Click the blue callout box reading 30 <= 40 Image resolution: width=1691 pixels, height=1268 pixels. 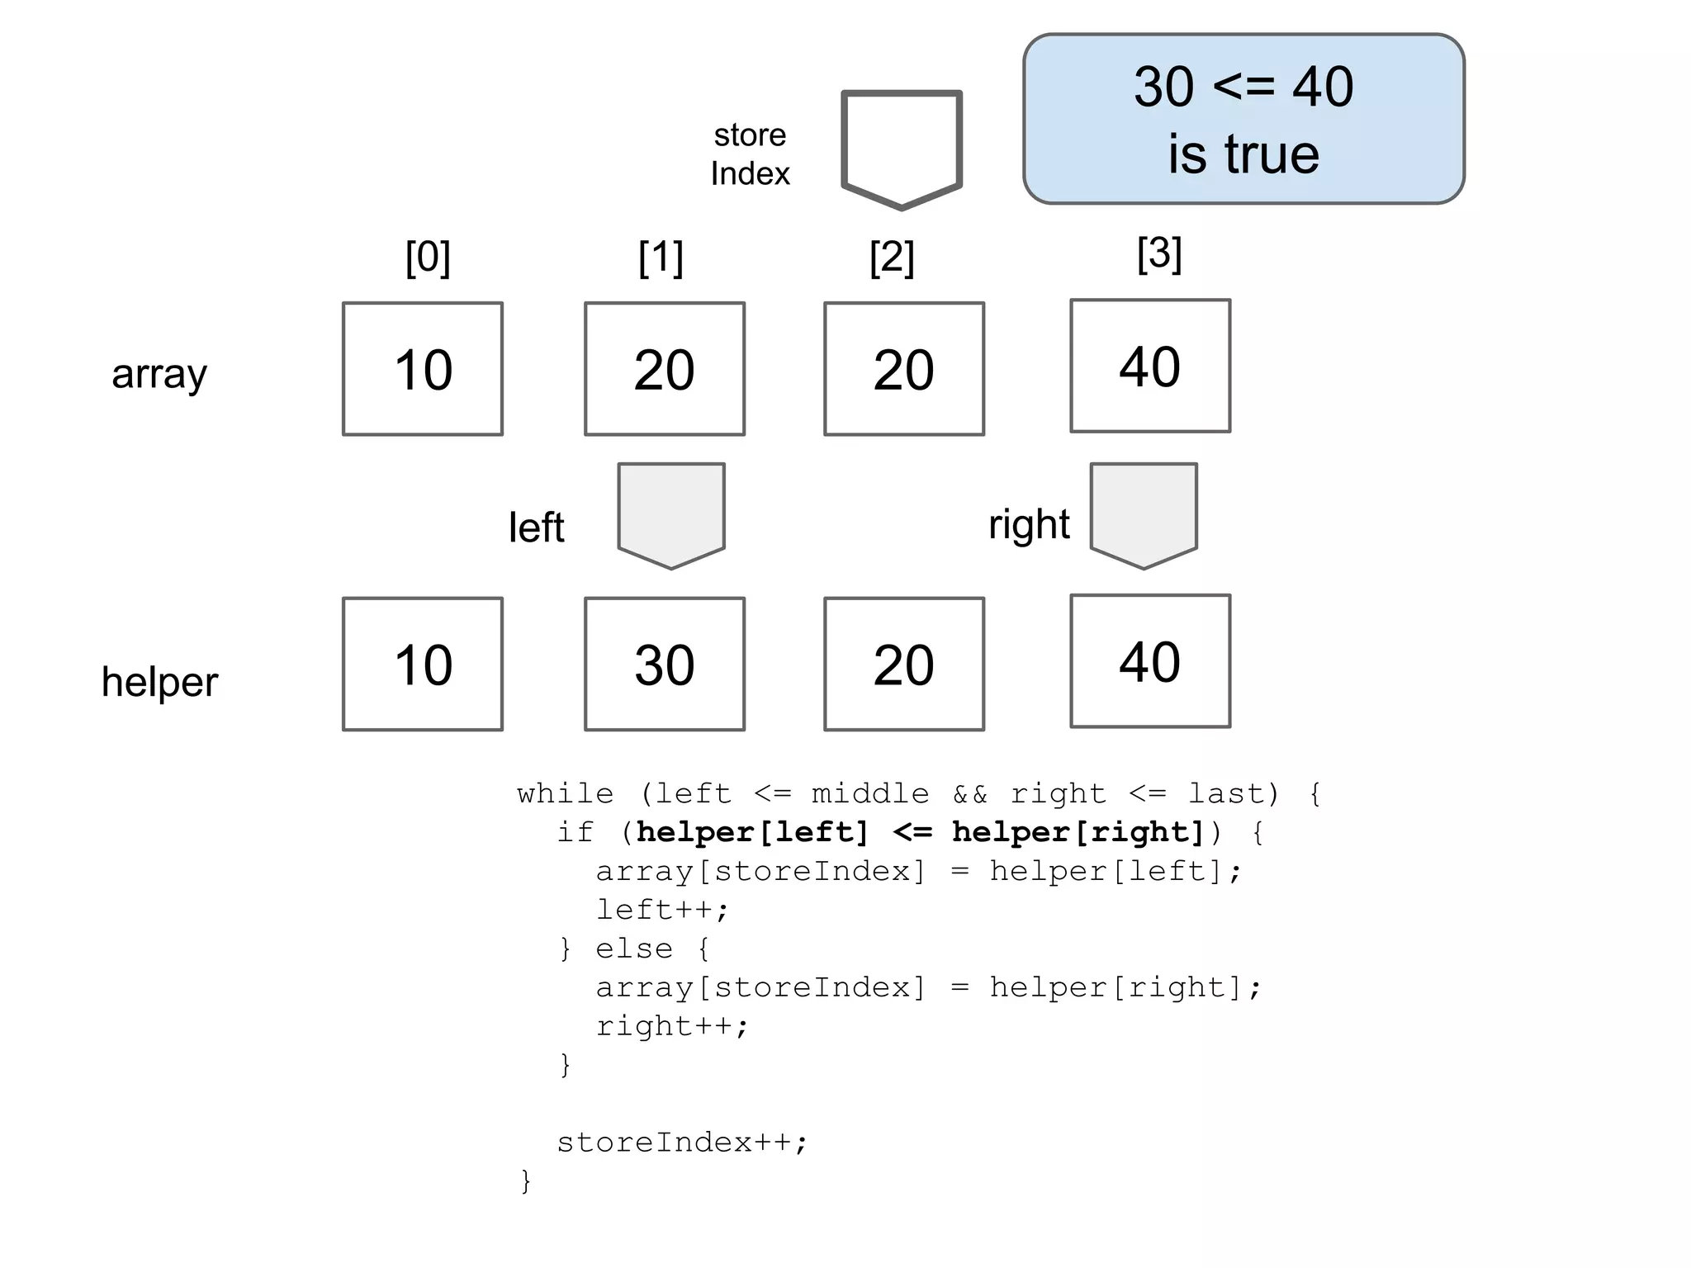[x=1243, y=119]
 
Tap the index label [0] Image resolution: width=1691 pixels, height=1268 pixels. [x=428, y=258]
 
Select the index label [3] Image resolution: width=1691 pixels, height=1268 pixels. [x=1159, y=253]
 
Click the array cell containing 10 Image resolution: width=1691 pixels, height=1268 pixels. [x=423, y=369]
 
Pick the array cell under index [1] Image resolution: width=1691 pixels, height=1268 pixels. [x=665, y=369]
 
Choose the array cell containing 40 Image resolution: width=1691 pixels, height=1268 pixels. [x=1150, y=366]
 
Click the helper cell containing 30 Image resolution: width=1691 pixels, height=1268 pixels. [x=665, y=665]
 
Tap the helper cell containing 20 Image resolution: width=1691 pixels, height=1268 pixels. [x=904, y=665]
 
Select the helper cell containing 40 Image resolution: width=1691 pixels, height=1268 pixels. [x=1150, y=661]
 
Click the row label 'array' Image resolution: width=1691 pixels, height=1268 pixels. [x=159, y=374]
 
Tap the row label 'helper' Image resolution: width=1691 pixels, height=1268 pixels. [x=159, y=682]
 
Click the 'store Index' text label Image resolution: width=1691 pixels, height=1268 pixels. [x=750, y=154]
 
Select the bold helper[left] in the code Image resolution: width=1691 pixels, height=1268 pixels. [x=752, y=832]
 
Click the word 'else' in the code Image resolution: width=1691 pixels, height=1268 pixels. [x=634, y=949]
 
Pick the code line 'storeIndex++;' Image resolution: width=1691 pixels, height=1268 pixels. [x=682, y=1143]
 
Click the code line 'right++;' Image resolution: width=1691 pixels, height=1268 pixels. [x=672, y=1026]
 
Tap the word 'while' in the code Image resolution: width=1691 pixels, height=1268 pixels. [x=566, y=794]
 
